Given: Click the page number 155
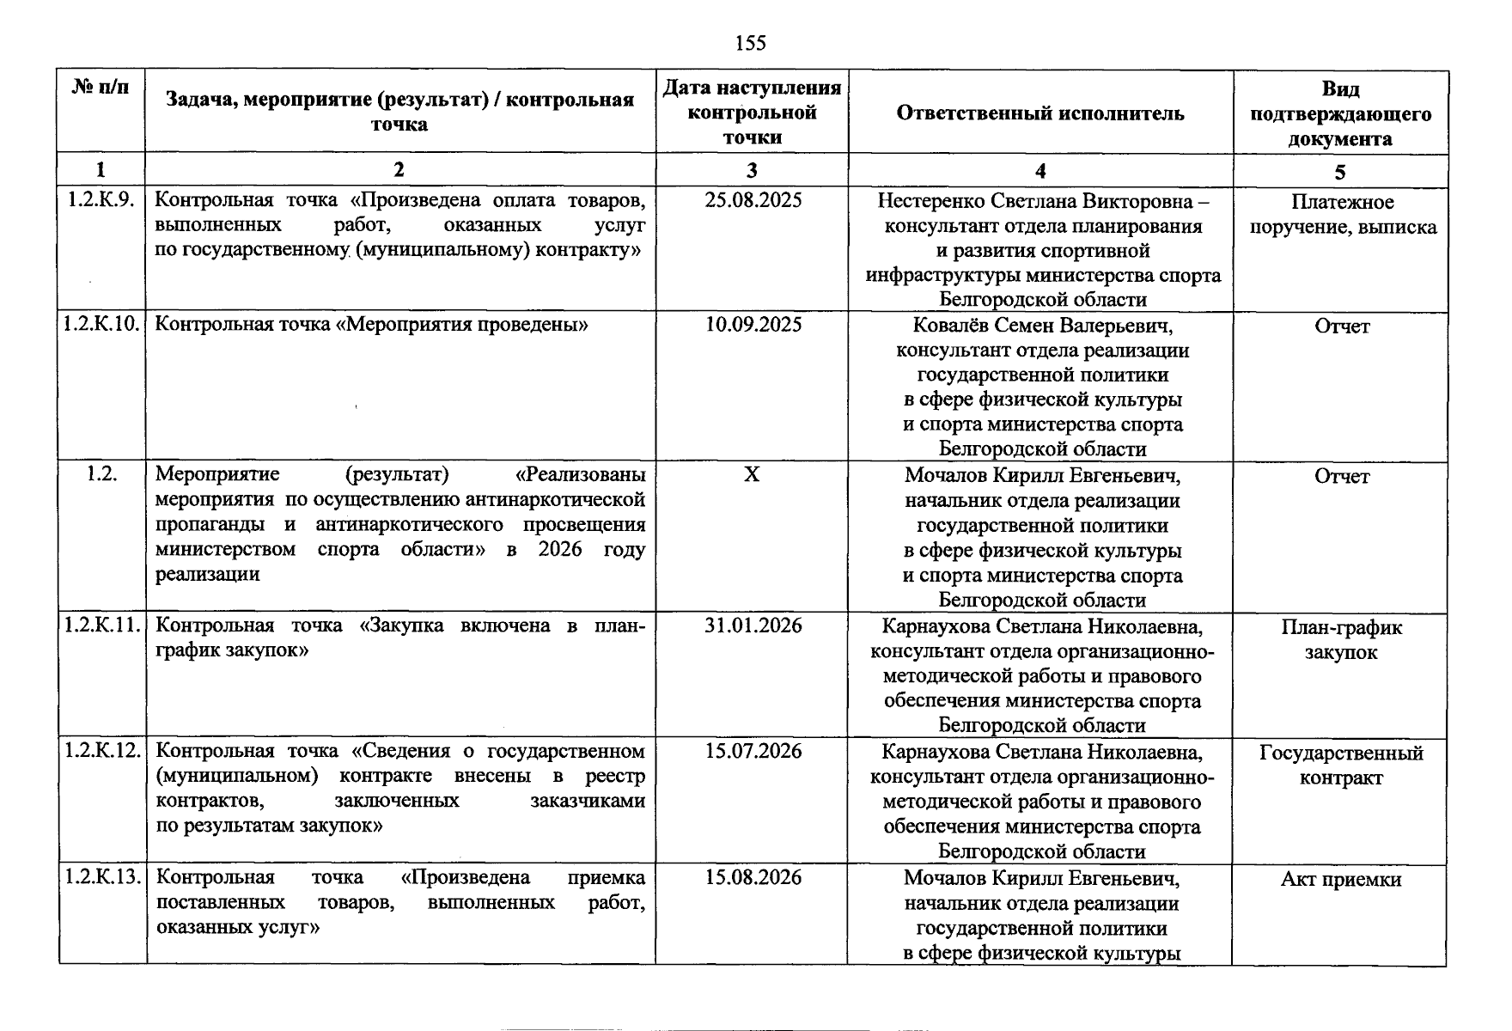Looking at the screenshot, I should click(x=751, y=43).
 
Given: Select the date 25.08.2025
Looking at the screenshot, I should click(x=753, y=201).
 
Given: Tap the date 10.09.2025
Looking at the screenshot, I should click(x=753, y=325).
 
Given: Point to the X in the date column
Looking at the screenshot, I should click(x=752, y=474).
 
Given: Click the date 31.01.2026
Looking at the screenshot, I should click(x=753, y=625).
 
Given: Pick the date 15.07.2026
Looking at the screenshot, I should click(x=753, y=752).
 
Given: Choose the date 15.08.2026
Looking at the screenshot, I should click(x=753, y=878).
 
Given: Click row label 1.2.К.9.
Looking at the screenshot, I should click(x=101, y=201).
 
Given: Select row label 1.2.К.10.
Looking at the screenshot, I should click(x=101, y=325).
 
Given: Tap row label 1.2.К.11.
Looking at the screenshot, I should click(x=101, y=625).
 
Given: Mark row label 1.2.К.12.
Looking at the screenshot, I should click(x=101, y=752).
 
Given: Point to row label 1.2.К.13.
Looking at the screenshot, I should click(x=101, y=878).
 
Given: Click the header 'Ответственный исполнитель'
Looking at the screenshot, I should click(x=1040, y=113).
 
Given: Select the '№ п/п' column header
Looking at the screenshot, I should click(x=101, y=88).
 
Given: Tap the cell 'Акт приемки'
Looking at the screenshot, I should click(x=1340, y=880).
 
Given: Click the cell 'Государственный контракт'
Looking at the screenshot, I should click(x=1340, y=766).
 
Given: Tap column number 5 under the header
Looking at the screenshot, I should click(x=1340, y=172).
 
